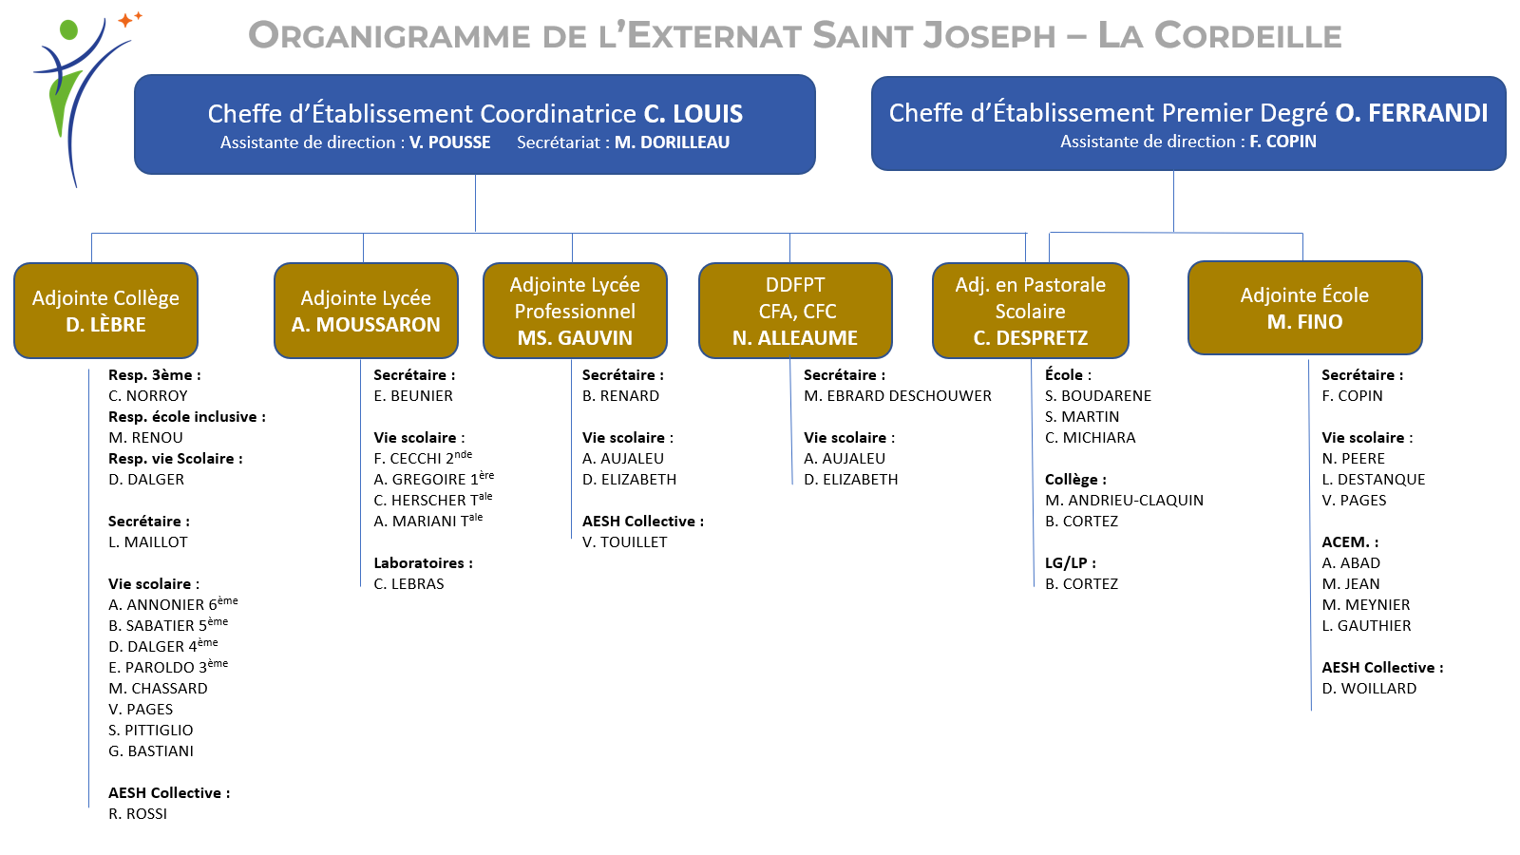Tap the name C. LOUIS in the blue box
point(693,114)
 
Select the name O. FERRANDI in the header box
point(1412,113)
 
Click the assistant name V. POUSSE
point(449,142)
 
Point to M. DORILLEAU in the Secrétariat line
point(672,142)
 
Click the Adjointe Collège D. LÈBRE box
point(105,311)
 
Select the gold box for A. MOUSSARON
point(366,311)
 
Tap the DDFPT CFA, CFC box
point(795,311)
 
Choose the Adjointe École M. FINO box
point(1305,308)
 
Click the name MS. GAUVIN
point(575,338)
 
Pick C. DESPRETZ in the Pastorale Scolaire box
point(1030,338)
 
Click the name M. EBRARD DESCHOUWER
point(897,395)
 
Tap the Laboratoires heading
point(423,563)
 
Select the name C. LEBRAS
point(408,584)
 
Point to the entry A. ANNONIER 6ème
point(173,603)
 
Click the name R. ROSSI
point(138,813)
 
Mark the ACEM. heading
point(1350,542)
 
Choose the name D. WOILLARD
point(1369,688)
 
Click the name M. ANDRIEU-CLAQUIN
point(1124,500)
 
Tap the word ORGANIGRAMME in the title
point(389,35)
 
